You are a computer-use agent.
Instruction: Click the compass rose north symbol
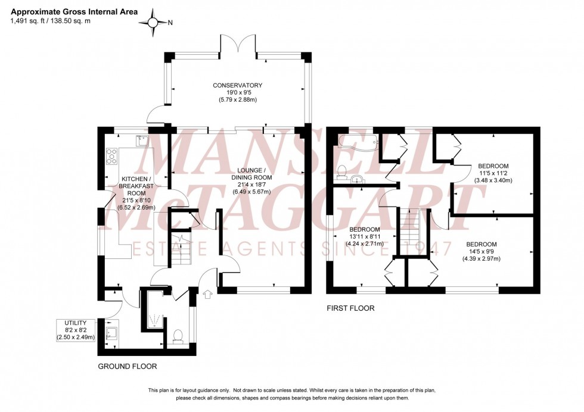154,23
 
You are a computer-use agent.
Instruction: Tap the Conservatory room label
238,92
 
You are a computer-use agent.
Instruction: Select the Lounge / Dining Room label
251,177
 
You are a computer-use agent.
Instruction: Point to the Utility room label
76,330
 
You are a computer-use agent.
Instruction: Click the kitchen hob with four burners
111,156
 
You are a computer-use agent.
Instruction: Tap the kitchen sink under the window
142,141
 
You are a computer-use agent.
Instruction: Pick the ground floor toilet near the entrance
177,338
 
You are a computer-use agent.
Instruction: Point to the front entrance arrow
207,294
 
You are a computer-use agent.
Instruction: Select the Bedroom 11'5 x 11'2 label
493,173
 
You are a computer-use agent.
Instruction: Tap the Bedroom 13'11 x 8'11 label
365,237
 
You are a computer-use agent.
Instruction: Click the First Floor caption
350,308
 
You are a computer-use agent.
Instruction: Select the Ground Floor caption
127,366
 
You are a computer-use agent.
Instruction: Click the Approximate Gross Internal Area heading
74,11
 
